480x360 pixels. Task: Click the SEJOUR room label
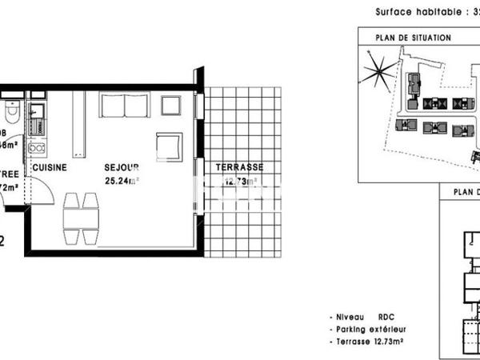[x=122, y=168]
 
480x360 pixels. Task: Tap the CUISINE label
[x=49, y=168]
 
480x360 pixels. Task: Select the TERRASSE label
[x=239, y=167]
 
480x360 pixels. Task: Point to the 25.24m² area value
[x=122, y=181]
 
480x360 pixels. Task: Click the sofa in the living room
[x=124, y=106]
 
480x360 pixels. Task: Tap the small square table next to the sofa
[x=171, y=106]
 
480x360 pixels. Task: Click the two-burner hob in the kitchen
[x=37, y=147]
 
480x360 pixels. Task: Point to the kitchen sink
[x=37, y=119]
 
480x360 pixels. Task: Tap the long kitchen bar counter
[x=79, y=124]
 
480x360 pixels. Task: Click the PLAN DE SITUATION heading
[x=414, y=38]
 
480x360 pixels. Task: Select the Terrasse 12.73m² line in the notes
[x=379, y=342]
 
